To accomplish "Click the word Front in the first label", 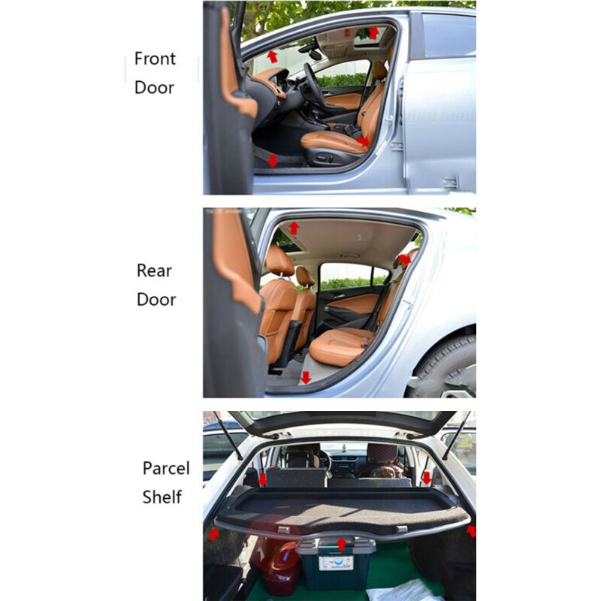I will (155, 59).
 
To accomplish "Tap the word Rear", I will (154, 270).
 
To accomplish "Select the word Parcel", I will (166, 468).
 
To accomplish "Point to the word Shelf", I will (162, 497).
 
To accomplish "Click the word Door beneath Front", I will (154, 87).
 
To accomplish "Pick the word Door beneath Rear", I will (156, 299).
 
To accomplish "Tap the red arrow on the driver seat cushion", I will (364, 140).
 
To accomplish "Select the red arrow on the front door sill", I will (272, 160).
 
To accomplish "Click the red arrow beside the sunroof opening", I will (373, 33).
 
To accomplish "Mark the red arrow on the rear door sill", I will (305, 377).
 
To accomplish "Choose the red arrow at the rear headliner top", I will (294, 228).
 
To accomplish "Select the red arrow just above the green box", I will (342, 544).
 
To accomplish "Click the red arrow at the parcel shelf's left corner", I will (214, 533).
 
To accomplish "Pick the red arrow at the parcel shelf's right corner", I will (471, 531).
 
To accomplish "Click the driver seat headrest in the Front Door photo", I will (380, 70).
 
